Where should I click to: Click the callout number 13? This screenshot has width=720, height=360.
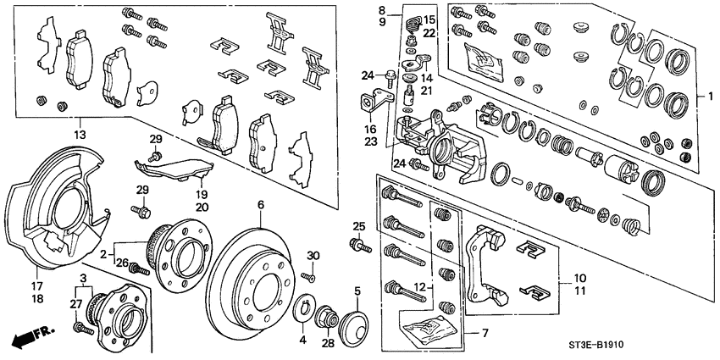point(80,134)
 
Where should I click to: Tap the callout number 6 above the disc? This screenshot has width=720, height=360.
point(261,204)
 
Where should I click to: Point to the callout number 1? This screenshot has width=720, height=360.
point(701,97)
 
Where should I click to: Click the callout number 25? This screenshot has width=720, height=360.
point(358,226)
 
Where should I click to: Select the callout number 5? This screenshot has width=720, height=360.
point(357,291)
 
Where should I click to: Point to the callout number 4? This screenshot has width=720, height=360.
point(301,341)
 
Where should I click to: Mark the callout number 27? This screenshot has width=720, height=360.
point(75,303)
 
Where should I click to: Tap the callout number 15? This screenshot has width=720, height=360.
point(429,19)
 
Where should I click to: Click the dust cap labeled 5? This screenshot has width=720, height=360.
point(357,326)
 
